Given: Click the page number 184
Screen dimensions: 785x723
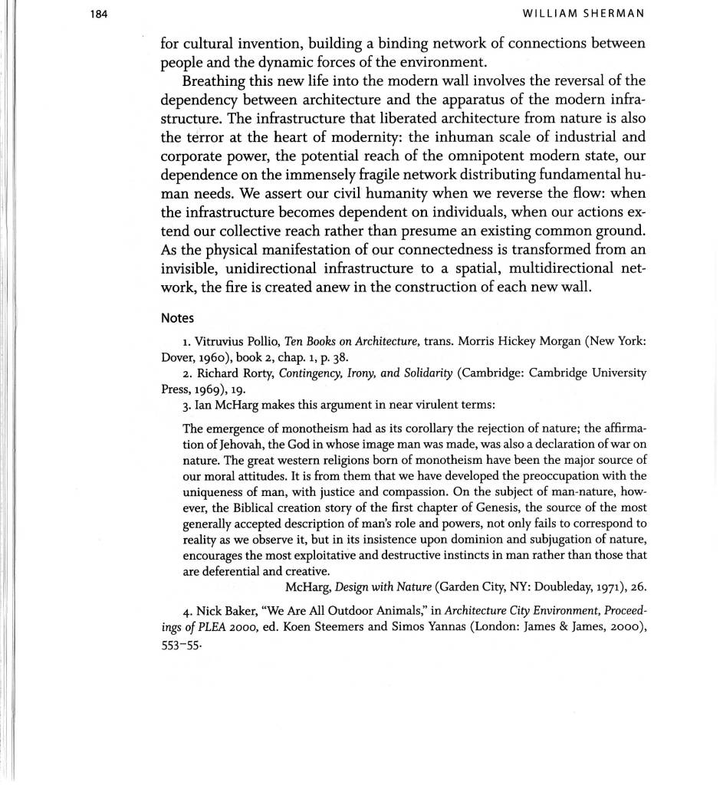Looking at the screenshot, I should coord(99,13).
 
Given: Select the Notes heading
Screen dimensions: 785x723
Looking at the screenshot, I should coord(177,317).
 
